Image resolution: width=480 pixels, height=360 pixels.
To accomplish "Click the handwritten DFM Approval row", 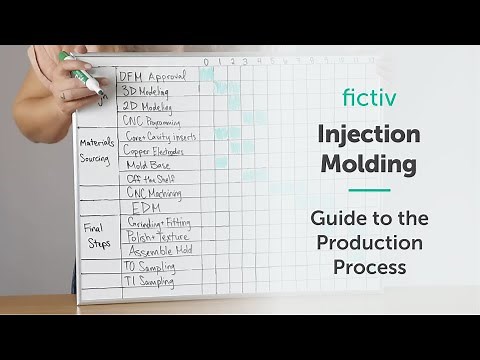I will pos(152,77).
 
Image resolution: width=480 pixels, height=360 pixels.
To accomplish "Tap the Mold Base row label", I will pos(147,164).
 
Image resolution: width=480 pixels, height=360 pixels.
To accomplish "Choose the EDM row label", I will pos(146,207).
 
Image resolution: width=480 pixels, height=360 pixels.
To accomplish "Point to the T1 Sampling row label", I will pos(149,282).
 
